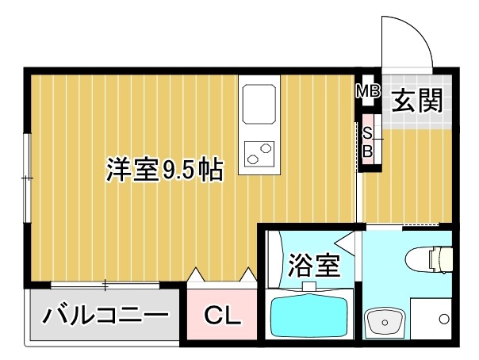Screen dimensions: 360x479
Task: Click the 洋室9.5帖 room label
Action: point(163,170)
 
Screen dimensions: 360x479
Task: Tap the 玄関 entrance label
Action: point(416,101)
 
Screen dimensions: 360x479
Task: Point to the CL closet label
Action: point(221,316)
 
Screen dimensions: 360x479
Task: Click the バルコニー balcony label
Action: point(105,316)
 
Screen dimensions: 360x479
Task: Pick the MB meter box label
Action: point(367,91)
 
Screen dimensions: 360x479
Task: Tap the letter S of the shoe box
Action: point(367,132)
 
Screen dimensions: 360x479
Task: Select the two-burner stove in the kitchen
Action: point(259,151)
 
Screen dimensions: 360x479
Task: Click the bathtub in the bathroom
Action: point(310,316)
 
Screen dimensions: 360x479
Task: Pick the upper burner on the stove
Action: point(263,145)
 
